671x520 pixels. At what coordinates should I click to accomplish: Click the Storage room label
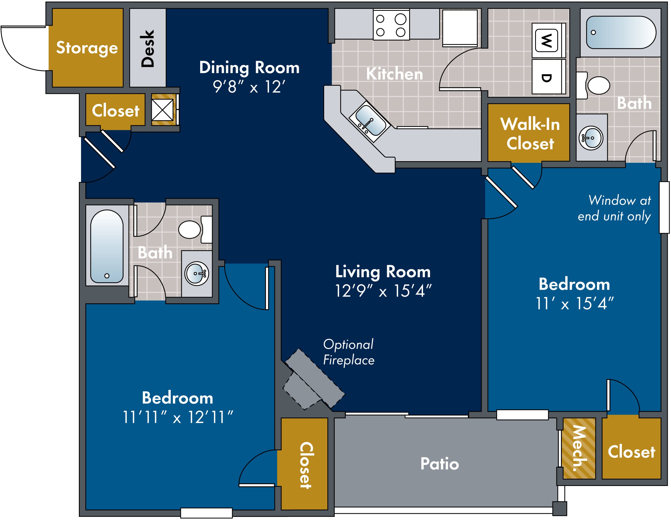pyautogui.click(x=87, y=48)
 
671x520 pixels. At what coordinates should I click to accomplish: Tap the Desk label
pyautogui.click(x=147, y=49)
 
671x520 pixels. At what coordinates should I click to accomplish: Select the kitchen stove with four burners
pyautogui.click(x=391, y=25)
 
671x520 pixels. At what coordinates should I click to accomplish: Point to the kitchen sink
pyautogui.click(x=370, y=120)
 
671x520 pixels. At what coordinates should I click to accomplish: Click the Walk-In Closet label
pyautogui.click(x=530, y=134)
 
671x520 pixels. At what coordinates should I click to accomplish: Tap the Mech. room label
pyautogui.click(x=579, y=448)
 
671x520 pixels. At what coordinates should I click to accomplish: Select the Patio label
pyautogui.click(x=440, y=464)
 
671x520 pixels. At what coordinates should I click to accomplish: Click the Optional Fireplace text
pyautogui.click(x=349, y=352)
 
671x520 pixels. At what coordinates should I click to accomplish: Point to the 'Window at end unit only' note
pyautogui.click(x=614, y=208)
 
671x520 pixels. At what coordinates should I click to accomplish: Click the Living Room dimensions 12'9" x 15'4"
pyautogui.click(x=383, y=291)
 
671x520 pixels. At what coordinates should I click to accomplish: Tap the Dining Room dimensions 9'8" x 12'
pyautogui.click(x=249, y=87)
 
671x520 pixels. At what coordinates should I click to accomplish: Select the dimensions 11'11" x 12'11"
pyautogui.click(x=177, y=417)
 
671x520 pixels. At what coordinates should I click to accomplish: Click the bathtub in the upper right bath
pyautogui.click(x=621, y=33)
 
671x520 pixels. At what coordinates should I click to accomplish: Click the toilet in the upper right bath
pyautogui.click(x=593, y=85)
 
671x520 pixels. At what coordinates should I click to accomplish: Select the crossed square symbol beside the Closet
pyautogui.click(x=162, y=110)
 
